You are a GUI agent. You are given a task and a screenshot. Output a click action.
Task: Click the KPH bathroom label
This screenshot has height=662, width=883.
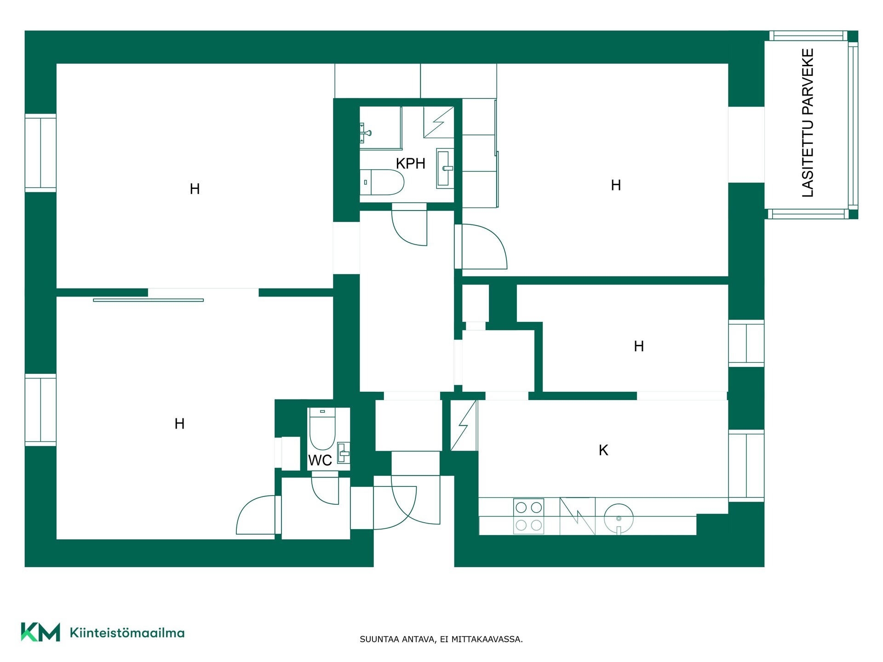tap(410, 163)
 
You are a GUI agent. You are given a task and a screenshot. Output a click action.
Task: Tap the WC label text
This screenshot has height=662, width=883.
tap(320, 460)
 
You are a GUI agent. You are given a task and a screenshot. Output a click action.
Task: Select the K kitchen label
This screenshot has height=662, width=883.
tap(603, 450)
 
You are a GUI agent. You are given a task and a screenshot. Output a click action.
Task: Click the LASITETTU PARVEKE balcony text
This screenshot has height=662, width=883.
tap(808, 123)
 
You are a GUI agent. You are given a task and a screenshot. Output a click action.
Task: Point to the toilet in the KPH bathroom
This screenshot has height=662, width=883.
tap(382, 182)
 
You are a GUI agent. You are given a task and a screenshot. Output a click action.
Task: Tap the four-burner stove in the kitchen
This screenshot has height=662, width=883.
tap(528, 516)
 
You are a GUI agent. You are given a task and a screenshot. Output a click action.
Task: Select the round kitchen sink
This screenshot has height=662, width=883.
tap(619, 519)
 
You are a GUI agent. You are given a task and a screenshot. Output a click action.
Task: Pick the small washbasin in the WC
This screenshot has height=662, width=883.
tap(344, 453)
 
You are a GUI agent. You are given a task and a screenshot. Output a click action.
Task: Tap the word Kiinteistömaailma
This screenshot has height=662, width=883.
tap(127, 633)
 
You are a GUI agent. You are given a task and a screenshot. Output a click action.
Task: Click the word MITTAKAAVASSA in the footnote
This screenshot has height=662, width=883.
tap(487, 639)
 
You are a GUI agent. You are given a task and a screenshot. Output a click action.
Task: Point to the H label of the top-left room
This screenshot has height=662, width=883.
tap(195, 189)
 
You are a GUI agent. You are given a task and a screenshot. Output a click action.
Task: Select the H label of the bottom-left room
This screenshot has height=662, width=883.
tap(179, 423)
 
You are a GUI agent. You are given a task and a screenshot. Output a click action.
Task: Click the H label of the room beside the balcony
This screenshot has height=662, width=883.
tap(616, 185)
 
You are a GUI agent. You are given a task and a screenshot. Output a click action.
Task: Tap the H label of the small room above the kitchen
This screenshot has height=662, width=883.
tap(639, 346)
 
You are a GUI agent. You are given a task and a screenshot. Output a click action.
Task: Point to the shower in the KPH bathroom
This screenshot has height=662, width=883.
tap(439, 122)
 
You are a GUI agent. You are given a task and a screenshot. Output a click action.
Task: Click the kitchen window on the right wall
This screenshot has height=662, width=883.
tap(746, 466)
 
